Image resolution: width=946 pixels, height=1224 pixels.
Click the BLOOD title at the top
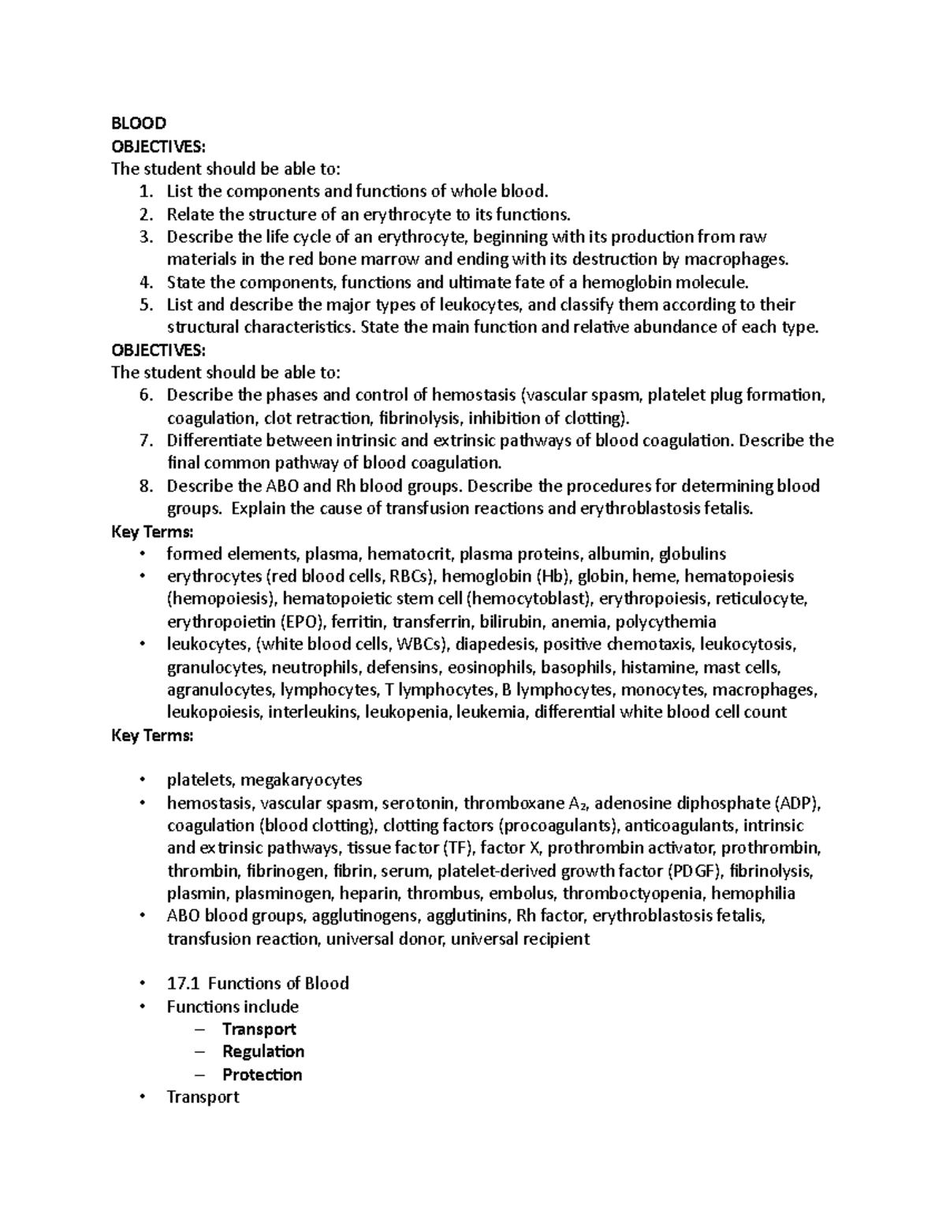click(139, 123)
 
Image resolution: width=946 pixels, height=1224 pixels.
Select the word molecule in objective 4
click(708, 282)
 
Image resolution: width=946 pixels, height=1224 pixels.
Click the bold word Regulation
click(263, 1051)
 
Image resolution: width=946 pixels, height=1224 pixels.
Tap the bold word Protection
click(262, 1074)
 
